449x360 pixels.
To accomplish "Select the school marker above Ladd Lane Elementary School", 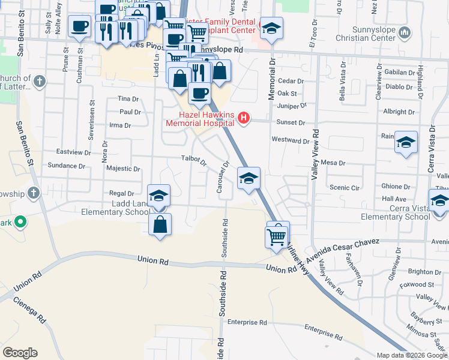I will [x=158, y=196].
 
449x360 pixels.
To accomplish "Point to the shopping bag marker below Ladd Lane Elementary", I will [x=160, y=225].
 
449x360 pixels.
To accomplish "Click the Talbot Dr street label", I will [x=193, y=161].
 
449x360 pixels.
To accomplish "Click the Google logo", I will [x=20, y=353].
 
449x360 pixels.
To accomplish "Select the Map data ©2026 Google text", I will [x=411, y=355].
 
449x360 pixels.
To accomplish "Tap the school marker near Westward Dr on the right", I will [x=406, y=143].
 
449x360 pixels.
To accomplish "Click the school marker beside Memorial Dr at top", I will [x=271, y=28].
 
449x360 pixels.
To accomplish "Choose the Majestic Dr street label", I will [x=122, y=169].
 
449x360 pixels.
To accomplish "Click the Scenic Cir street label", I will [x=344, y=188].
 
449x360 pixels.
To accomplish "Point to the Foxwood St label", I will [x=418, y=284].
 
